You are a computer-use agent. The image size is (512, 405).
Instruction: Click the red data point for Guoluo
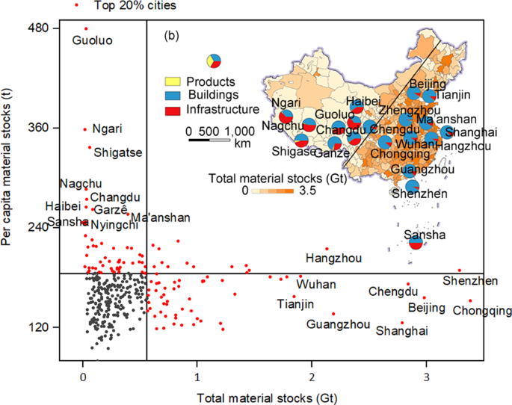click(86, 28)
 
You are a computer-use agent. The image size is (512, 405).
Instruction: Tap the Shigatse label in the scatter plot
click(117, 152)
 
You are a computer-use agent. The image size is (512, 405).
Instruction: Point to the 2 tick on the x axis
click(312, 379)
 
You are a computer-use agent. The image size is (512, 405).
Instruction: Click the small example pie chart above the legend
click(214, 61)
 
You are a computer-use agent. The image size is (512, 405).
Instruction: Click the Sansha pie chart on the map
click(416, 241)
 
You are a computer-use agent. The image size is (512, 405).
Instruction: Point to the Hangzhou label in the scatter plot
click(333, 259)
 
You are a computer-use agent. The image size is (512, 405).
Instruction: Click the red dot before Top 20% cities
click(78, 5)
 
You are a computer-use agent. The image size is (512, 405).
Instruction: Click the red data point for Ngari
click(84, 129)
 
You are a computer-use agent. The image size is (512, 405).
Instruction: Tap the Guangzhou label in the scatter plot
click(338, 324)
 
